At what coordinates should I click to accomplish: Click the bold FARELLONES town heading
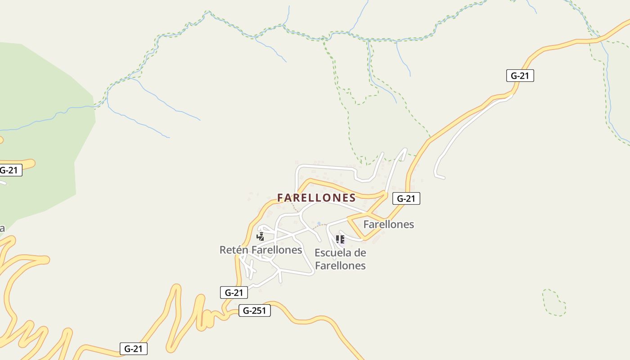click(316, 198)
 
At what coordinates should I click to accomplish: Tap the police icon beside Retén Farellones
click(260, 236)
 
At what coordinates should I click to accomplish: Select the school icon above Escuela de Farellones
click(340, 239)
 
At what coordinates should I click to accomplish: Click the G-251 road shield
click(254, 310)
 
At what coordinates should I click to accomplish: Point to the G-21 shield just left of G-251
click(234, 292)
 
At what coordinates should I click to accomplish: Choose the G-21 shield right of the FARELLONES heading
click(406, 198)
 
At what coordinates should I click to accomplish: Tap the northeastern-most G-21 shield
click(520, 76)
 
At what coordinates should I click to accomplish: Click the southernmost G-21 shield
click(134, 348)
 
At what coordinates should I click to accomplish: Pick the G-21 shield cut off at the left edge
click(9, 170)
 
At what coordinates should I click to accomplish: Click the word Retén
click(234, 250)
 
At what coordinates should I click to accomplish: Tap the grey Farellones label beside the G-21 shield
click(388, 224)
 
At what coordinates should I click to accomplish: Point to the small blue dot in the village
click(319, 223)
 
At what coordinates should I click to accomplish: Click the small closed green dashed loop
click(554, 302)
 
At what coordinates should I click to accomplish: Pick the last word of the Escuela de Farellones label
click(340, 265)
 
